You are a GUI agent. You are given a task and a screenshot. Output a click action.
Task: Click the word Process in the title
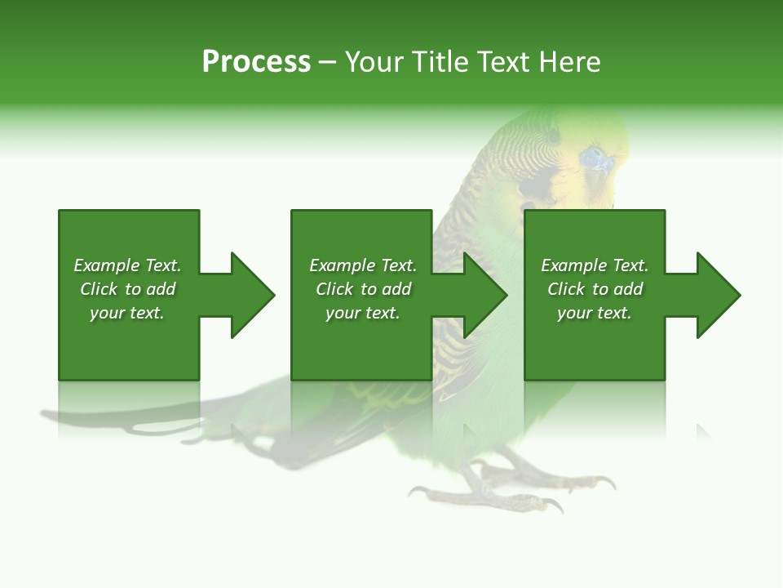pos(256,62)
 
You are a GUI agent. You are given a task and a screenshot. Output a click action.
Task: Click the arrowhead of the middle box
pos(484,295)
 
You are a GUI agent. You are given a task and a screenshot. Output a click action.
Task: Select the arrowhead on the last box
pos(718,295)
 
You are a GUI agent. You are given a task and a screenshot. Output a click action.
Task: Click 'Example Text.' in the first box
pos(127,265)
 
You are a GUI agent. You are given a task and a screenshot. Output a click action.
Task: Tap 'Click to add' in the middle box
pos(363,289)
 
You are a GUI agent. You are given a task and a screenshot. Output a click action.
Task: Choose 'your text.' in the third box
pos(595,313)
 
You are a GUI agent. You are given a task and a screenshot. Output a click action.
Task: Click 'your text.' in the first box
pos(127,313)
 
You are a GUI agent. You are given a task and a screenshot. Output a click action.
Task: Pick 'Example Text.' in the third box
pos(595,265)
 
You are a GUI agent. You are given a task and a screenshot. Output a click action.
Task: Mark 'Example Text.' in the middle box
pos(363,265)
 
